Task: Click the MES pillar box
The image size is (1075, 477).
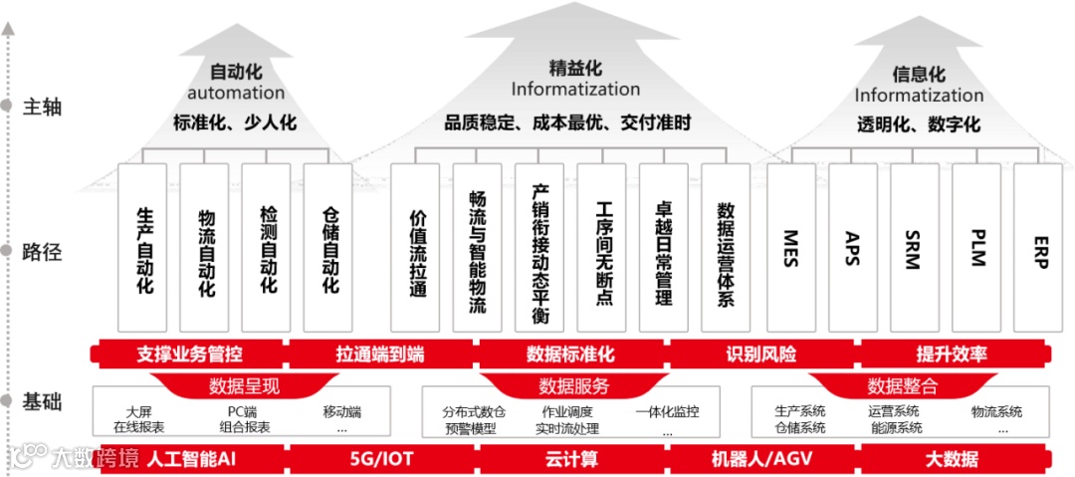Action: coord(791,247)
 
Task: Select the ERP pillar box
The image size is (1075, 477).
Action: coord(1039,247)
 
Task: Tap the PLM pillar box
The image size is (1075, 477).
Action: coord(976,247)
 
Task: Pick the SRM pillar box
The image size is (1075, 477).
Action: coord(915,247)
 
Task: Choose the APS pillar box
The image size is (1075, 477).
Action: coord(853,247)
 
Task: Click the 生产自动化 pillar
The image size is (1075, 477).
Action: coord(142,247)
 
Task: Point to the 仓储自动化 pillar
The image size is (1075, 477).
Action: coord(328,247)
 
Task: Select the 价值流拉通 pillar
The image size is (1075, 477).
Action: coord(416,247)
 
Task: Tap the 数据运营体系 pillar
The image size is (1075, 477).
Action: coord(726,247)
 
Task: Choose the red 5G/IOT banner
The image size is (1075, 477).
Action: coord(380,459)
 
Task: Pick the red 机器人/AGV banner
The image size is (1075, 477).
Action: coord(760,459)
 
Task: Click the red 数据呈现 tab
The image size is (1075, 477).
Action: coord(244,385)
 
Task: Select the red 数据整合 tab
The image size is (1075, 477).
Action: coord(902,385)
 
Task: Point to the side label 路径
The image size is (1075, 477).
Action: coord(42,252)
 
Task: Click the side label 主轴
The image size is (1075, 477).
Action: coord(42,106)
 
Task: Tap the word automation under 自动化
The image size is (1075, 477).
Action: coord(236,93)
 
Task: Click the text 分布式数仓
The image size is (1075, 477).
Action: coord(474,411)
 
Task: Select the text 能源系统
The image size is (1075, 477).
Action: coord(895,428)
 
